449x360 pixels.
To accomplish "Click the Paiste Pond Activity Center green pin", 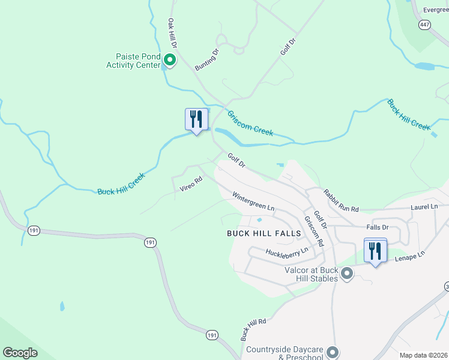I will pyautogui.click(x=169, y=59).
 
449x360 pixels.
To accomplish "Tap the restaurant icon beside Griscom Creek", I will pyautogui.click(x=196, y=119).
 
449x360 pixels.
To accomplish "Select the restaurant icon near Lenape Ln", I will pyautogui.click(x=375, y=250).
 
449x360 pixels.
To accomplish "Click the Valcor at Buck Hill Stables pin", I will pyautogui.click(x=346, y=274).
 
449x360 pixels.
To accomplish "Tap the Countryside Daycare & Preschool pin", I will pyautogui.click(x=334, y=352).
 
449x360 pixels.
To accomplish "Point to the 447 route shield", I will pyautogui.click(x=425, y=24).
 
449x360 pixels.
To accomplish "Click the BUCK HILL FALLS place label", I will pyautogui.click(x=262, y=233).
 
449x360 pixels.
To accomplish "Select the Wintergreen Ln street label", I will pyautogui.click(x=253, y=202).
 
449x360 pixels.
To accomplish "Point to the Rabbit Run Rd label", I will pyautogui.click(x=341, y=201).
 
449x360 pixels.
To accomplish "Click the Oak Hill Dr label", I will pyautogui.click(x=173, y=34).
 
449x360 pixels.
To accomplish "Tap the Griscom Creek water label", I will pyautogui.click(x=250, y=123).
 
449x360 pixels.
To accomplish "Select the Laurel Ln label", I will pyautogui.click(x=425, y=206).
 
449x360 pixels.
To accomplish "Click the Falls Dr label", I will pyautogui.click(x=378, y=227).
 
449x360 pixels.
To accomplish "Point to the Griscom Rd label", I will pyautogui.click(x=314, y=231).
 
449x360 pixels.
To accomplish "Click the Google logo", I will pyautogui.click(x=20, y=353).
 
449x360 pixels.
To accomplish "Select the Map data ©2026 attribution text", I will pyautogui.click(x=423, y=355).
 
